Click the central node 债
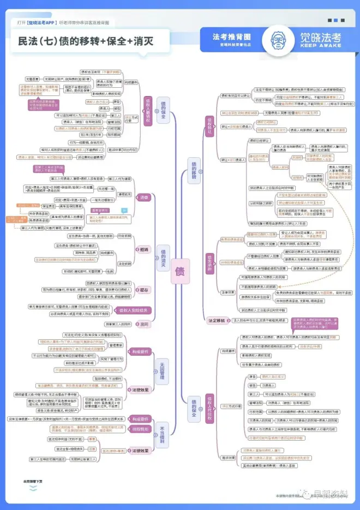180,271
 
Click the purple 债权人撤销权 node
147,111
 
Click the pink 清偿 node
143,197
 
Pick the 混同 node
143,324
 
